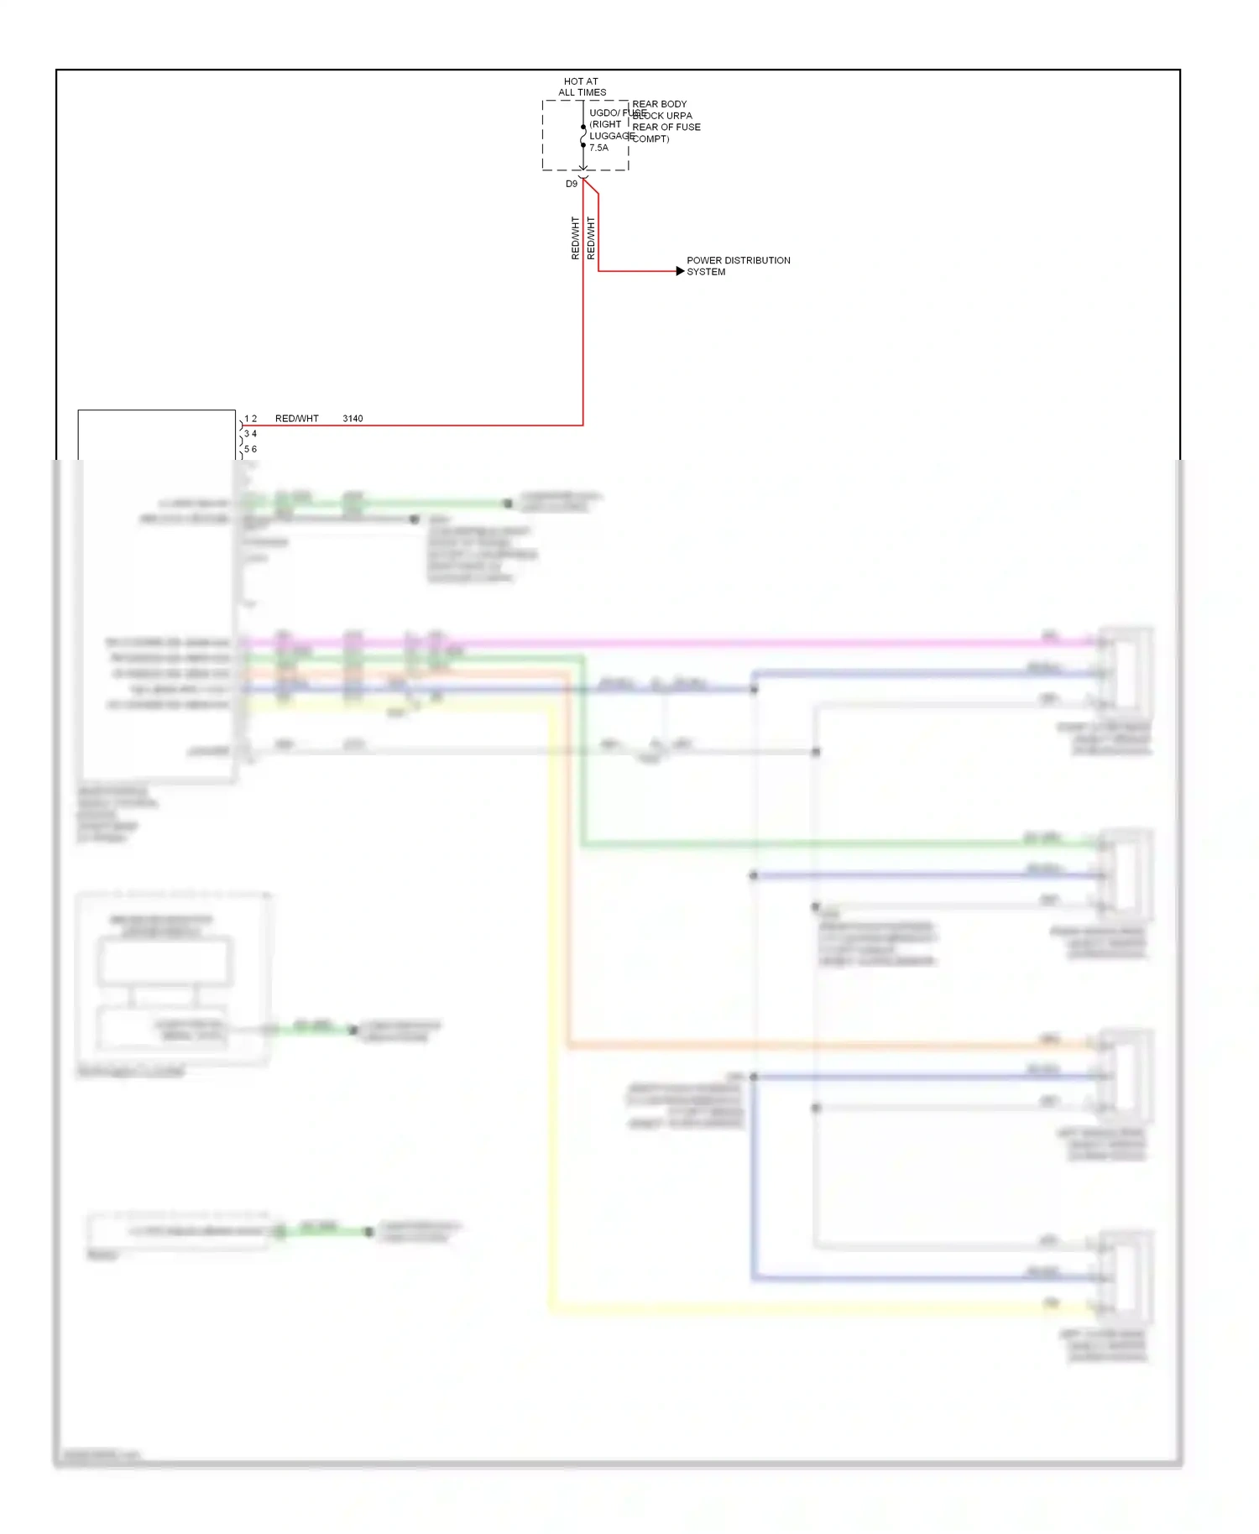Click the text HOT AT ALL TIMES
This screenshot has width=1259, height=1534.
pyautogui.click(x=582, y=87)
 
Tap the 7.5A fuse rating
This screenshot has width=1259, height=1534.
pyautogui.click(x=598, y=148)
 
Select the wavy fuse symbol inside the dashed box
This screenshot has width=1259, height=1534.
pyautogui.click(x=583, y=136)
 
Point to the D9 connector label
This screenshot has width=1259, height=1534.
pyautogui.click(x=572, y=184)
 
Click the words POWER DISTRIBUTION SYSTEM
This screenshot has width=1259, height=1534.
pyautogui.click(x=738, y=266)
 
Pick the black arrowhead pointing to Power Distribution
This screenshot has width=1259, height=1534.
pyautogui.click(x=680, y=271)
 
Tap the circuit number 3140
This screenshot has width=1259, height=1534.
pyautogui.click(x=353, y=419)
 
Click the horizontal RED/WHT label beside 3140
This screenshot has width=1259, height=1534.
pyautogui.click(x=296, y=419)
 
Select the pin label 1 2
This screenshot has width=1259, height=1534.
pyautogui.click(x=250, y=419)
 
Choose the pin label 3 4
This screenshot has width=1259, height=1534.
pyautogui.click(x=250, y=434)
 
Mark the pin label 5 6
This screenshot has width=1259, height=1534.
pyautogui.click(x=250, y=449)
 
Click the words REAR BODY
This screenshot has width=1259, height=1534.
pyautogui.click(x=659, y=104)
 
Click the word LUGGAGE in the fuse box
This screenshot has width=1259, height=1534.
pyautogui.click(x=611, y=136)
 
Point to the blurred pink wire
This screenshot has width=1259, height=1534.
pyautogui.click(x=671, y=643)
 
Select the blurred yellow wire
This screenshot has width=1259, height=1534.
pyautogui.click(x=551, y=1007)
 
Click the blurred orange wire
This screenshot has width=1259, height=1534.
pyautogui.click(x=569, y=881)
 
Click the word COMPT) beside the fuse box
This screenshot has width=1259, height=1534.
pyautogui.click(x=650, y=138)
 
